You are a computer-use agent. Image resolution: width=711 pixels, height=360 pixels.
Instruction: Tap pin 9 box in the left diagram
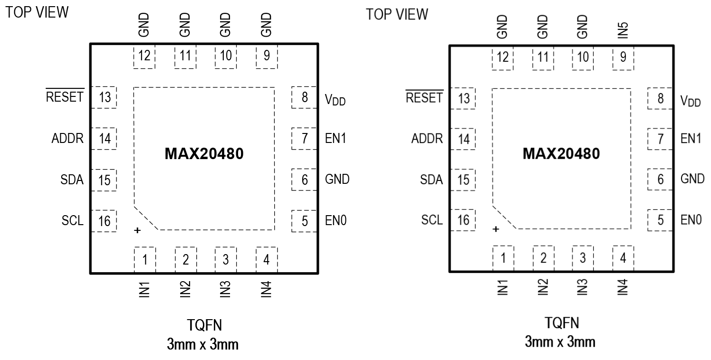[x=266, y=57]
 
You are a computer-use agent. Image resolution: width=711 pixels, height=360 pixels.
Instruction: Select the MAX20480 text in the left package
[x=204, y=154]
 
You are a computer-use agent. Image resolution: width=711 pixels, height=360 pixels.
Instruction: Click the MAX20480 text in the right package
[x=561, y=154]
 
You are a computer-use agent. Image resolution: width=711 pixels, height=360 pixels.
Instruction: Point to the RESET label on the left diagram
[x=65, y=97]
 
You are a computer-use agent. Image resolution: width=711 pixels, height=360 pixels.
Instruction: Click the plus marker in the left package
[x=137, y=231]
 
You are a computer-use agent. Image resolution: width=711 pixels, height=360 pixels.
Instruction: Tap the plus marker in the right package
[x=495, y=229]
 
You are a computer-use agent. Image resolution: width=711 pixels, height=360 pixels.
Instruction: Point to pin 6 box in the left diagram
[x=304, y=180]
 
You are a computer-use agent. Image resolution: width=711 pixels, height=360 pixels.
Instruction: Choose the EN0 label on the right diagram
[x=691, y=220]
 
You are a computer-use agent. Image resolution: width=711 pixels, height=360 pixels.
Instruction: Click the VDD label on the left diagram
[x=336, y=99]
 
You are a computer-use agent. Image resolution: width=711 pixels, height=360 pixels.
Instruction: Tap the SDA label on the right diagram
[x=432, y=180]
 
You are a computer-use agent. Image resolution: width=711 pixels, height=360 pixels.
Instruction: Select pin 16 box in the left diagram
[x=104, y=221]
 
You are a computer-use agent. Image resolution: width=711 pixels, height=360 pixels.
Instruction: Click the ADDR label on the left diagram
[x=67, y=139]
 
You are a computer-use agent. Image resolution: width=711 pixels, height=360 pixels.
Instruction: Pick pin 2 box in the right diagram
[x=543, y=258]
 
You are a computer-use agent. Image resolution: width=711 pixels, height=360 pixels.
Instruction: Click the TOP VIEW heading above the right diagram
[x=397, y=15]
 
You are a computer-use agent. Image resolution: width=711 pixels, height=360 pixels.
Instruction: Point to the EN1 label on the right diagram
[x=691, y=139]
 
